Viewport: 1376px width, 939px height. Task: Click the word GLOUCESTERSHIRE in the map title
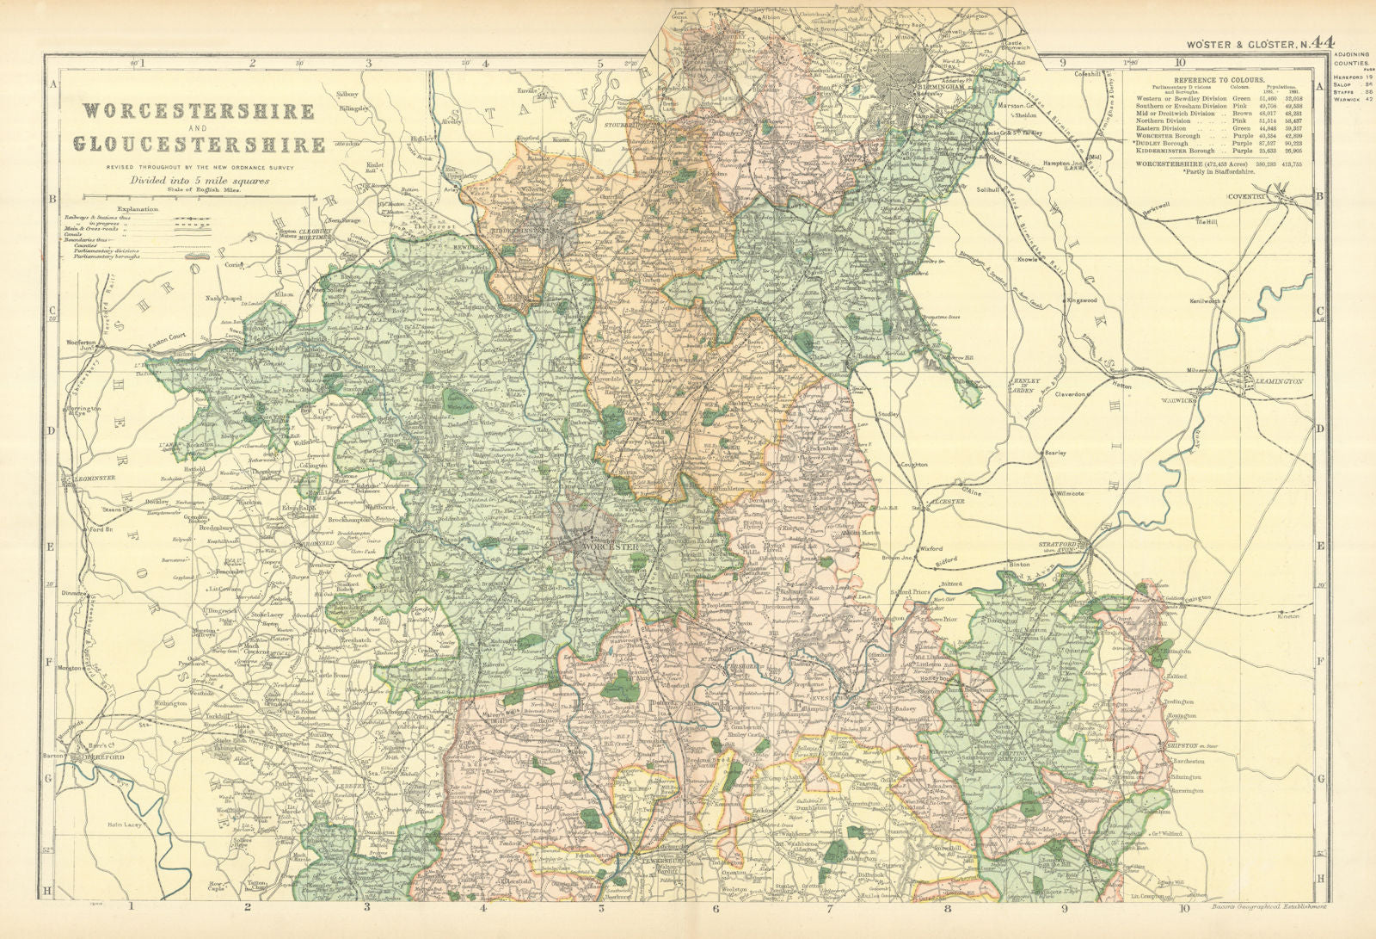[x=199, y=144]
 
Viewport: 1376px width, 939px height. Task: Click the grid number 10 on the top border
[x=1179, y=62]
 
